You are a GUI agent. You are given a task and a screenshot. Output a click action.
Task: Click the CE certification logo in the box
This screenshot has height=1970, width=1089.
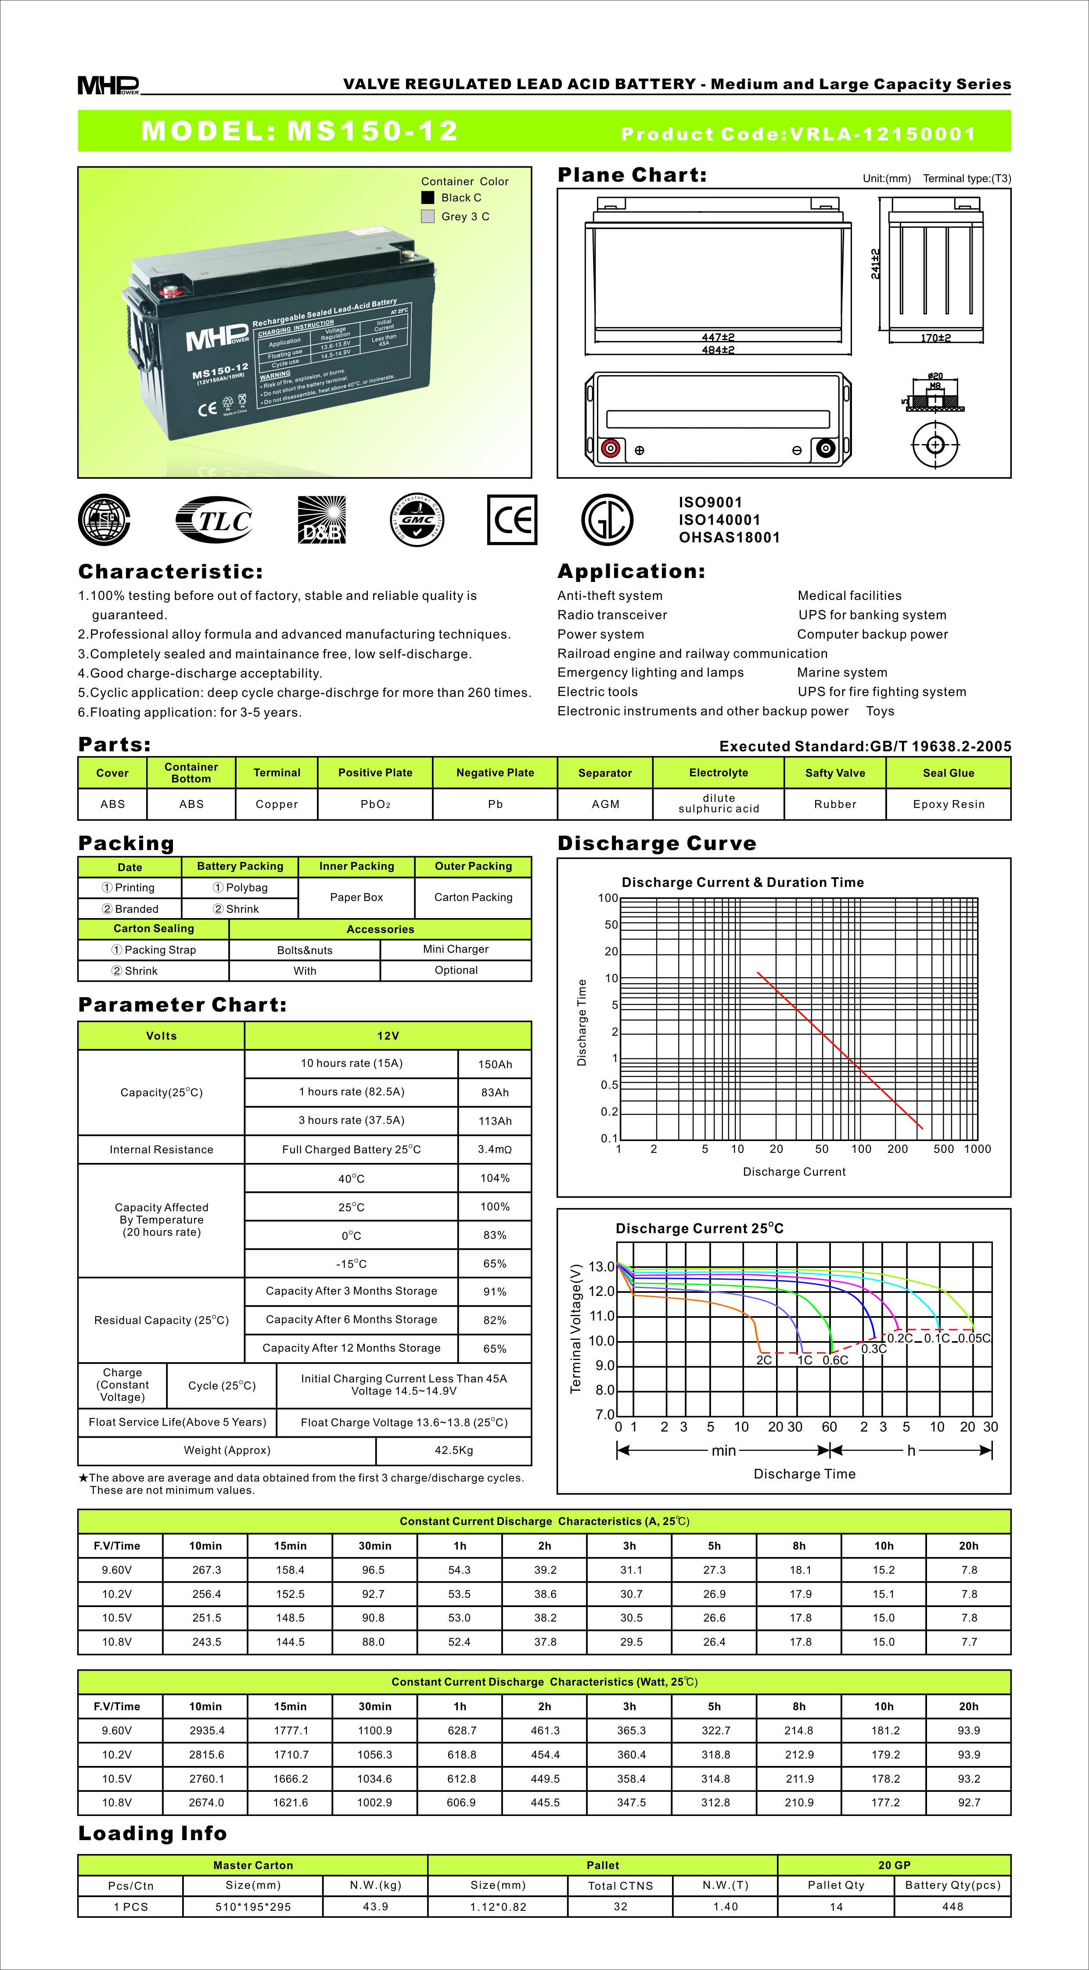(512, 520)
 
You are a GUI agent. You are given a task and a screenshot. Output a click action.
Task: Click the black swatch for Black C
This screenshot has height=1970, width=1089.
(428, 197)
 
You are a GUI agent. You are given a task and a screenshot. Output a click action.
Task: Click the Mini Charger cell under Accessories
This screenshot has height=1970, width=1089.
(456, 949)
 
